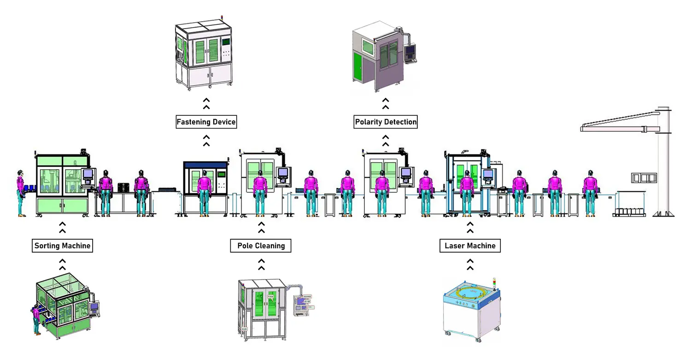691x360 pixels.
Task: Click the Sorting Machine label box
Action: (62, 246)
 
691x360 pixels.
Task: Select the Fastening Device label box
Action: (206, 122)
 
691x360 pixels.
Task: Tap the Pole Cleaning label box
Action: (261, 246)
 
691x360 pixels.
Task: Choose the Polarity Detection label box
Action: (386, 122)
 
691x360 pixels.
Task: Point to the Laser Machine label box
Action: (469, 246)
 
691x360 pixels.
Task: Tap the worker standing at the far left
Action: (20, 191)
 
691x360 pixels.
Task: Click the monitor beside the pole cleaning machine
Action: (283, 174)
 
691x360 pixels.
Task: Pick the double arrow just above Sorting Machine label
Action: (62, 227)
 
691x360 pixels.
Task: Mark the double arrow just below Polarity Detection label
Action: (386, 140)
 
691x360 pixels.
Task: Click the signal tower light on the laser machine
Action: (495, 282)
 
